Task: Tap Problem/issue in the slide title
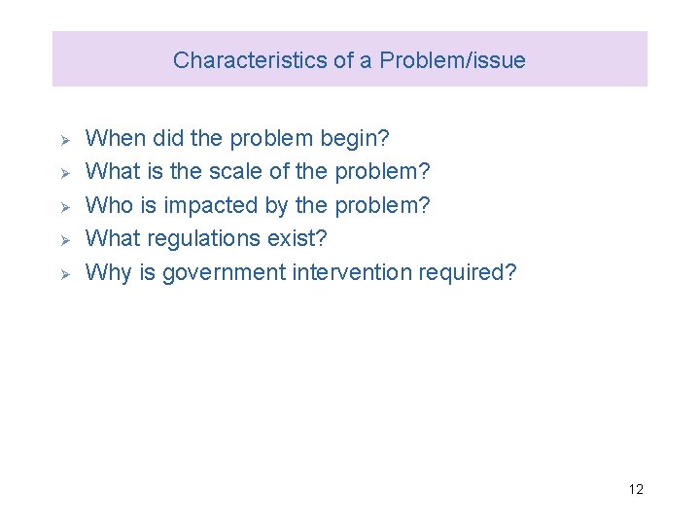click(x=453, y=60)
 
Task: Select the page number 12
click(x=636, y=489)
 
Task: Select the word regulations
click(x=203, y=239)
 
